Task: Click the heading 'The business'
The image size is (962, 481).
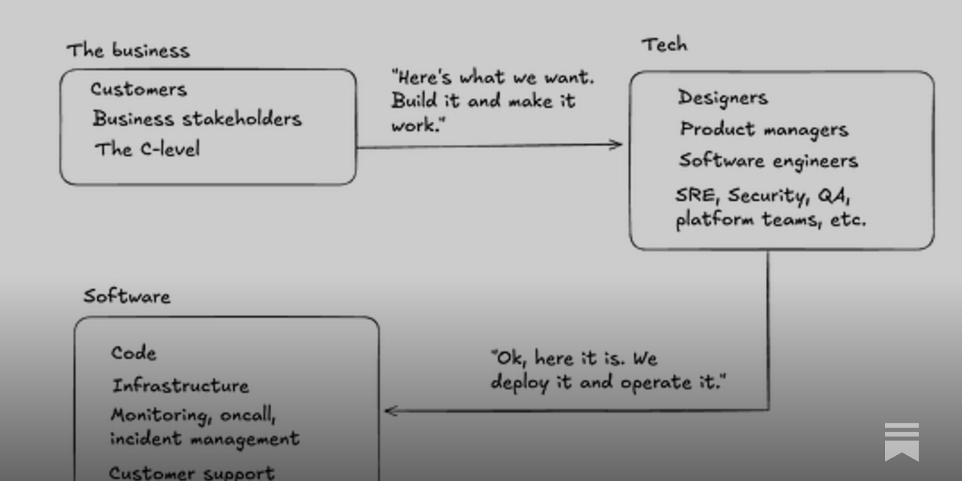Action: point(128,51)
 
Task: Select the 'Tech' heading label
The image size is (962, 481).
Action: point(664,44)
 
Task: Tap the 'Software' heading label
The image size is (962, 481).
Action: point(127,296)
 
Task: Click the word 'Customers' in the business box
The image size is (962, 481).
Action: point(139,90)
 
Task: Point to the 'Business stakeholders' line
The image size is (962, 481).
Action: point(197,119)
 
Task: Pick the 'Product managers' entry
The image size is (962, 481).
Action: point(764,129)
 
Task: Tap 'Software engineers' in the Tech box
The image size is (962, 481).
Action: point(768,161)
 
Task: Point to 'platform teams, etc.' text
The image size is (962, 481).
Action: point(771,219)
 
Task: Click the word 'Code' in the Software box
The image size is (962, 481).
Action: point(133,353)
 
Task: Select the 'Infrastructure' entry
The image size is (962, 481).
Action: point(180,385)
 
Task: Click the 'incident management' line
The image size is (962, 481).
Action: point(204,439)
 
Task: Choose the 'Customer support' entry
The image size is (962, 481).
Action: point(191,473)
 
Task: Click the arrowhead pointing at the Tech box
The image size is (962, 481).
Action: point(616,144)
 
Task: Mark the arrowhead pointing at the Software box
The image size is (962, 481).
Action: point(391,411)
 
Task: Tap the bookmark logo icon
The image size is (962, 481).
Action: point(901,442)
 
